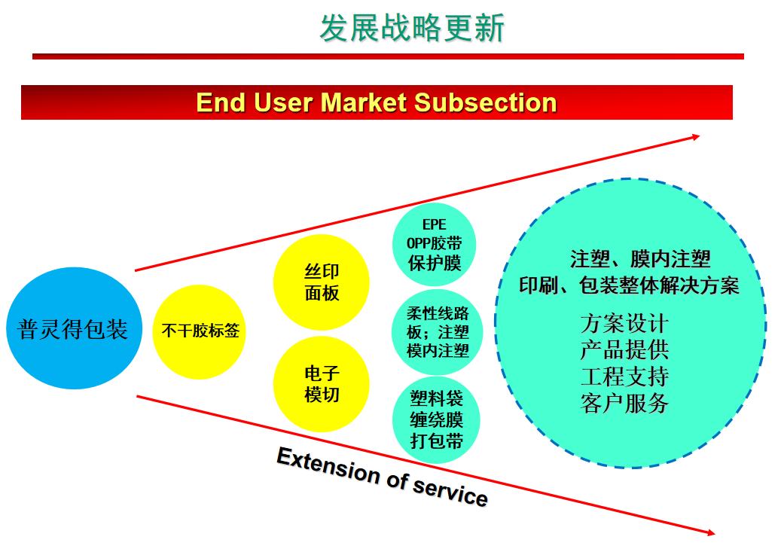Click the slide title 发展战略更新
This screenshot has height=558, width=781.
click(412, 28)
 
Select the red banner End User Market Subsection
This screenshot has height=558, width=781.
click(377, 102)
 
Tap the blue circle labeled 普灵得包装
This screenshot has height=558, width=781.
click(73, 329)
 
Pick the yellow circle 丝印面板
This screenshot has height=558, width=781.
click(322, 282)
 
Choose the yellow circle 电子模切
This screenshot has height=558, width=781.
click(322, 384)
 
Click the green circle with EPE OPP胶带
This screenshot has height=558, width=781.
click(435, 244)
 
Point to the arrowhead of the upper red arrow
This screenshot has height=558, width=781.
click(696, 136)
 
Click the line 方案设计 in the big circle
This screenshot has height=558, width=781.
click(624, 324)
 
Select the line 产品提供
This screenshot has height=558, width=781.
click(624, 350)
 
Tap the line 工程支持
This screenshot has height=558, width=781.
click(624, 377)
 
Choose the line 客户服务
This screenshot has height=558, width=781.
click(624, 403)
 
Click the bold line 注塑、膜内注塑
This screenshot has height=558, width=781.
click(640, 260)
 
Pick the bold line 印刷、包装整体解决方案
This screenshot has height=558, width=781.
click(630, 285)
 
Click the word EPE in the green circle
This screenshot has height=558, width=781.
click(435, 225)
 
